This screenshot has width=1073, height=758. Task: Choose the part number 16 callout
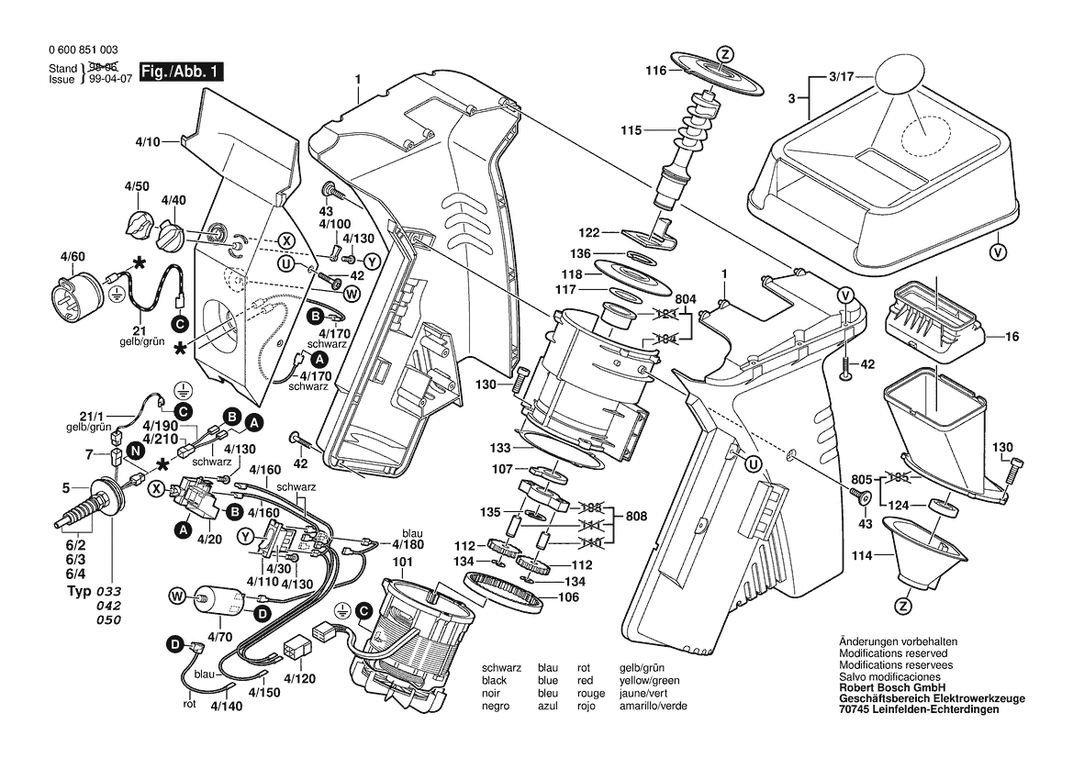coord(1012,338)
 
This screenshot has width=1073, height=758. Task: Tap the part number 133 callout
coord(499,448)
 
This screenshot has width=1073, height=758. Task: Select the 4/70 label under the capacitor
coord(220,634)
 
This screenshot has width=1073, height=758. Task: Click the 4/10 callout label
coord(147,142)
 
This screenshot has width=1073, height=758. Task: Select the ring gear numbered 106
coord(508,592)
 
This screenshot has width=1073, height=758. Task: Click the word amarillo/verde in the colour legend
coord(654,707)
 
